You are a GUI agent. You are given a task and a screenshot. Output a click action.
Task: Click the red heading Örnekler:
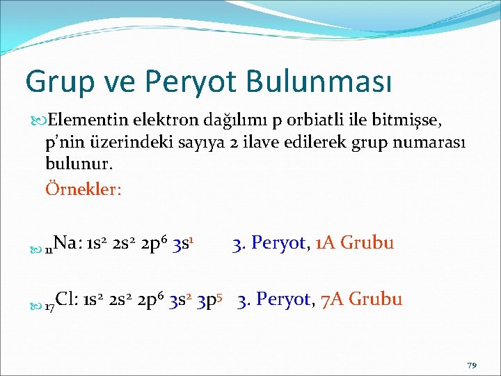pos(83,189)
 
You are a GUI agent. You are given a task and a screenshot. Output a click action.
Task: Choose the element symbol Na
pos(66,243)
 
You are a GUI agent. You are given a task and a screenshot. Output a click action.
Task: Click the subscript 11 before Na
pos(49,248)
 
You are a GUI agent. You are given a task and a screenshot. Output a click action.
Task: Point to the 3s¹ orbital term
pos(186,243)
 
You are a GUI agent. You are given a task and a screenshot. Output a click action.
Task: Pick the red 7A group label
pos(332,300)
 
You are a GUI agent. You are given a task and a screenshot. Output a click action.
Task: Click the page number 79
pos(472,365)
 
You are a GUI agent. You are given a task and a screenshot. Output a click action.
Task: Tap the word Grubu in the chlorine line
pos(376,300)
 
